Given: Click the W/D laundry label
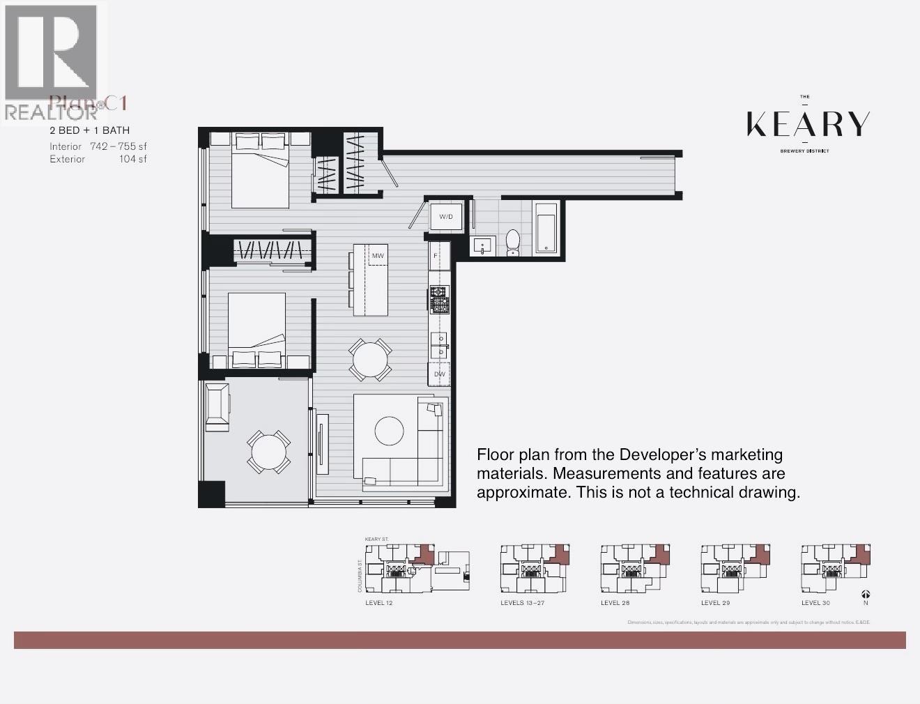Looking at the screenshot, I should [x=446, y=217].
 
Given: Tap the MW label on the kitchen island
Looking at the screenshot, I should [x=378, y=256].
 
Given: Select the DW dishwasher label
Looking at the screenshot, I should [x=440, y=374].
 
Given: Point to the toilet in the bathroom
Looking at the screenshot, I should [x=513, y=241].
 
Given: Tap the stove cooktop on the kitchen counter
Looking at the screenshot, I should [x=439, y=300].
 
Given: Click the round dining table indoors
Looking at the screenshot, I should [x=370, y=360].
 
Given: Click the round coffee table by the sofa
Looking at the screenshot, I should [x=389, y=431].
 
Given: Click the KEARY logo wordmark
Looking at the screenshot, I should [x=808, y=124].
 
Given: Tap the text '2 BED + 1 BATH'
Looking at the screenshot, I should [x=89, y=130].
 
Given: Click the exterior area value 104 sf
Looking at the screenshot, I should [x=133, y=159].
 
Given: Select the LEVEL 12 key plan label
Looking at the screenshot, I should [x=379, y=603].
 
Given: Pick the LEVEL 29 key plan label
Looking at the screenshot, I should [x=716, y=603].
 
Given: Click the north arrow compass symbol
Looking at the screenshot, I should [x=865, y=595].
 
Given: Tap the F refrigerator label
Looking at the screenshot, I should [x=436, y=256].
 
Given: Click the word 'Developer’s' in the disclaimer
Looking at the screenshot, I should [x=663, y=454].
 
